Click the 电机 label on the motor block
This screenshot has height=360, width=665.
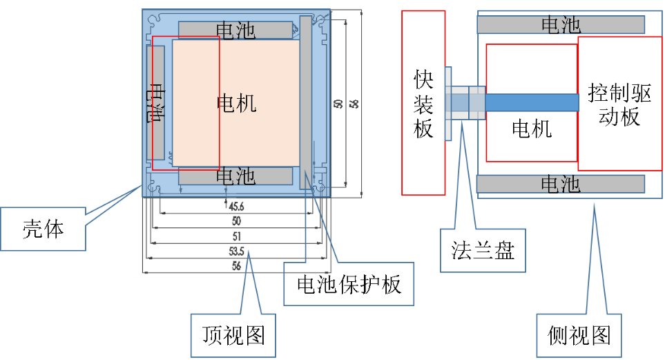[236, 104]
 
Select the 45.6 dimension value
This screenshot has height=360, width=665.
[236, 206]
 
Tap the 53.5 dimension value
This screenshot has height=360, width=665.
[236, 250]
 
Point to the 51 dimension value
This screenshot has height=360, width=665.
[236, 236]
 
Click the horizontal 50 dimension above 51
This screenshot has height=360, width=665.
[236, 221]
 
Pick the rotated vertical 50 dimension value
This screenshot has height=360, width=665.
[338, 104]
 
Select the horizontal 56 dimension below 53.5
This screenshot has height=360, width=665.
[236, 265]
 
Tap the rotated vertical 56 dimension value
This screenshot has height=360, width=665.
[354, 104]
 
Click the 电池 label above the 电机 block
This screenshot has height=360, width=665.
[235, 30]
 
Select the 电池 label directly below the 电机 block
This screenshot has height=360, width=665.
[235, 176]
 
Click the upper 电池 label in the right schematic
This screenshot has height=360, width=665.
[561, 25]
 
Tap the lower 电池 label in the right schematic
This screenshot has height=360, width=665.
[561, 184]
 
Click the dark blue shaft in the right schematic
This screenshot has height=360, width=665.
[532, 102]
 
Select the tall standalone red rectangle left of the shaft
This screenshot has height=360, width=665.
[423, 102]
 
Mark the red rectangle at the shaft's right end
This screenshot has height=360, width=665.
[619, 104]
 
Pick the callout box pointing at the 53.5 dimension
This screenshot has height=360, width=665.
[233, 336]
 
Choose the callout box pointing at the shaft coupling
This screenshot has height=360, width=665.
[483, 250]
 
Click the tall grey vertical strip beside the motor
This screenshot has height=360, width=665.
[306, 102]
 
